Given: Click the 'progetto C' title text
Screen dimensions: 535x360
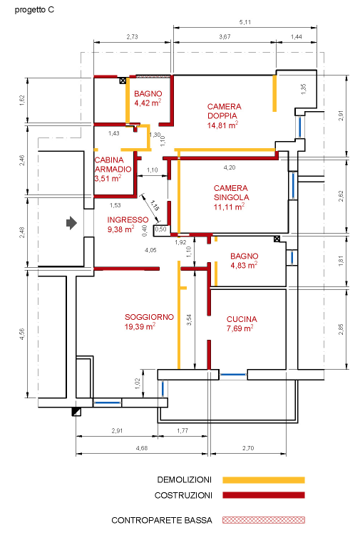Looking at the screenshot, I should [34, 11].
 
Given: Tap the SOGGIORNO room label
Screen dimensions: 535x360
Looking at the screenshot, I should [149, 316].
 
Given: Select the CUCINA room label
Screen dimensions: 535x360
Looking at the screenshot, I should [242, 319].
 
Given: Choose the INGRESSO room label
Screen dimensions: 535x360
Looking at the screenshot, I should [128, 219].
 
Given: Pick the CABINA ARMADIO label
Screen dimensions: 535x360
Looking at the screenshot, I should [113, 164].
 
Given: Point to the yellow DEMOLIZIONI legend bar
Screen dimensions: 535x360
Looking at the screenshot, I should [263, 479].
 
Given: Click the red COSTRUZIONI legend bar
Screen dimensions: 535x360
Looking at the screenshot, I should [263, 495].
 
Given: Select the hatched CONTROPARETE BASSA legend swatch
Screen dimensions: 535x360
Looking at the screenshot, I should [263, 520].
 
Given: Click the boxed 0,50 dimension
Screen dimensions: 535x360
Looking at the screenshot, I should [161, 229].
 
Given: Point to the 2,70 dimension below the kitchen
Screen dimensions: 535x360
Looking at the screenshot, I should [248, 447].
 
